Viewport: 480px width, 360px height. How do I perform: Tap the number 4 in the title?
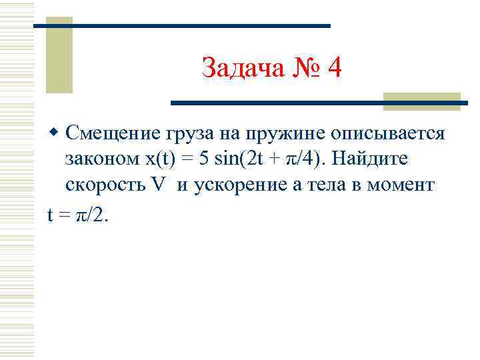pos(334,67)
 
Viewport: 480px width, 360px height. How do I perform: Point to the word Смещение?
pos(113,133)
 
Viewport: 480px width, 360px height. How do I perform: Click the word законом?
pos(96,159)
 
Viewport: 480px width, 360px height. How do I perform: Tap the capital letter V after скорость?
pos(157,185)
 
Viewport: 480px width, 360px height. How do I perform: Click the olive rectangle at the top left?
pos(59,55)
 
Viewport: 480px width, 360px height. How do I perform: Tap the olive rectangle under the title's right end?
pos(422,101)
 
